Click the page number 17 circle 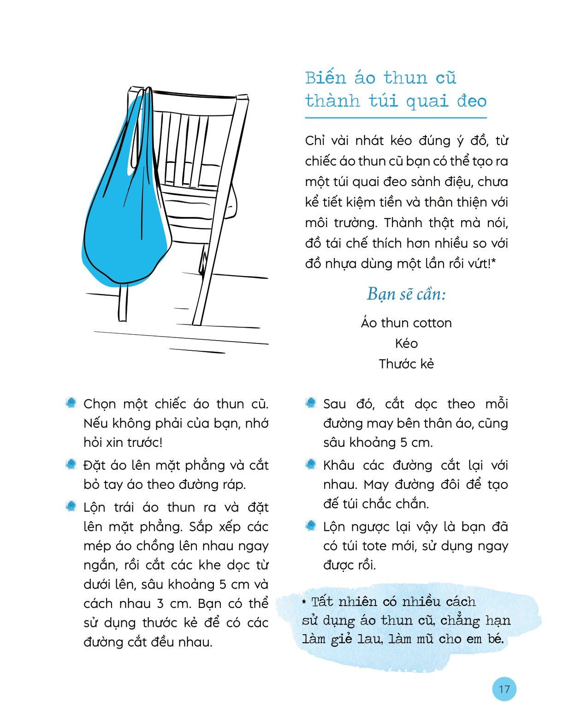tap(504, 689)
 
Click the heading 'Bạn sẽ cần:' tap(406, 294)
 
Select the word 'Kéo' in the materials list tap(406, 343)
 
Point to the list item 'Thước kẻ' tap(406, 364)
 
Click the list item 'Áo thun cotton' tap(406, 323)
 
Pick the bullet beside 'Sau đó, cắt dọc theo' tap(311, 403)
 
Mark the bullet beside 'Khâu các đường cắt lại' tap(311, 464)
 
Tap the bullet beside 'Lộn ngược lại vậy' tap(311, 526)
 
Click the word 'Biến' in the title tap(325, 78)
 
